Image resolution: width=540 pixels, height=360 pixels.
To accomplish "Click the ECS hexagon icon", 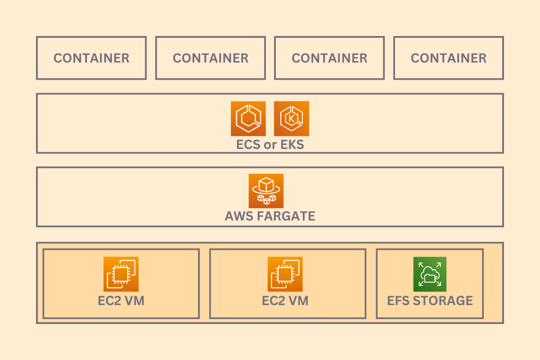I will click(248, 118).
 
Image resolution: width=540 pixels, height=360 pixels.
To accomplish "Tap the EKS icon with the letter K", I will click(291, 118).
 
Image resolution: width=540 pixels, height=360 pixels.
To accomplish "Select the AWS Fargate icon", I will click(266, 191).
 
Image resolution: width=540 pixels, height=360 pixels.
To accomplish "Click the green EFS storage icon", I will click(430, 274).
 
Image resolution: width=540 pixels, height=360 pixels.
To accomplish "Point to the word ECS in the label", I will click(248, 145).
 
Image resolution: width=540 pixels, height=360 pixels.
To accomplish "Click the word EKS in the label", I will click(292, 145).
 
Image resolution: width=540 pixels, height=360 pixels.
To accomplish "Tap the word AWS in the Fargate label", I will click(239, 216).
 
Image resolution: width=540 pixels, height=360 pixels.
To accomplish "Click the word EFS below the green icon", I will click(399, 301).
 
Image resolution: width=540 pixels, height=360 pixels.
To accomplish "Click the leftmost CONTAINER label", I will click(91, 58).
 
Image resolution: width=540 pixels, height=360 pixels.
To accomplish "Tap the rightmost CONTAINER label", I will click(449, 58).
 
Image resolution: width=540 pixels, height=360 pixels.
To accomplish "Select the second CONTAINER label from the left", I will click(211, 58).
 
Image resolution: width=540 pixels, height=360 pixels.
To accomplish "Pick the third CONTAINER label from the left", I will click(329, 58).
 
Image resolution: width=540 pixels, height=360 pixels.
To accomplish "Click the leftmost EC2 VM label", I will click(121, 301).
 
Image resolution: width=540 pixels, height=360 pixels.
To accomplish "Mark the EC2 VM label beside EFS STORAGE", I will click(285, 301).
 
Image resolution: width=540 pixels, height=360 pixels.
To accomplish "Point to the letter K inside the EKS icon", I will click(291, 119).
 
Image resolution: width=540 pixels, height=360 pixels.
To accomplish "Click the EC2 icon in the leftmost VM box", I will click(121, 274).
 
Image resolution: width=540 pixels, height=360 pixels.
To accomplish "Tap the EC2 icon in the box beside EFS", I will click(285, 274).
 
